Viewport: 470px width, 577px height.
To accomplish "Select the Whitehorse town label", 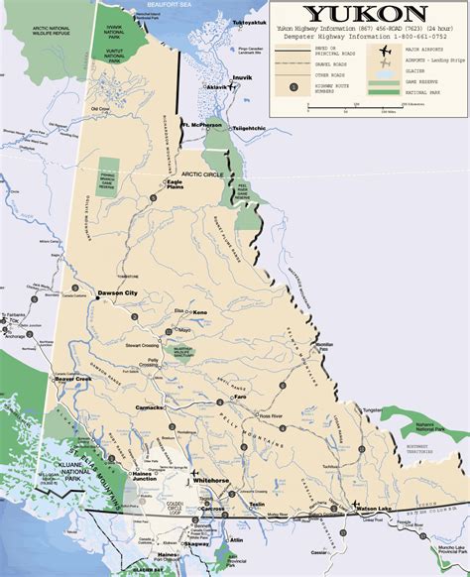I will [213, 479].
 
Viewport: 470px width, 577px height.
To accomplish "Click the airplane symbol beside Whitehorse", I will [196, 473].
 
